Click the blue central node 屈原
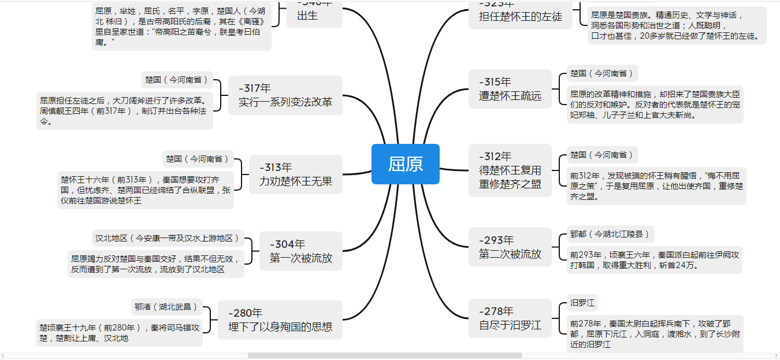coord(405,164)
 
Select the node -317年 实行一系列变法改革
coord(285,95)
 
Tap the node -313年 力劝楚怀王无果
coord(295,175)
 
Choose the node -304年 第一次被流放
coord(300,251)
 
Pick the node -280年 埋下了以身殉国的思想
coord(280,320)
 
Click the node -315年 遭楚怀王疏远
coord(510,89)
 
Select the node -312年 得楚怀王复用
coord(510,170)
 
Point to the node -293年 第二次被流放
coord(510,247)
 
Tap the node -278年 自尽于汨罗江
coord(510,318)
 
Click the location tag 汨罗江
coord(582,303)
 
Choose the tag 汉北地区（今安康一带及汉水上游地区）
coord(168,238)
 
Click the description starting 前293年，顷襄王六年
coord(654,260)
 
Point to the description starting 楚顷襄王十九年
coord(120,332)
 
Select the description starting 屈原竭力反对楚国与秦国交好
coord(155,264)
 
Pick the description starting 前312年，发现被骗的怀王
coord(656,185)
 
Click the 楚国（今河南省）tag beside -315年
coord(601,73)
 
